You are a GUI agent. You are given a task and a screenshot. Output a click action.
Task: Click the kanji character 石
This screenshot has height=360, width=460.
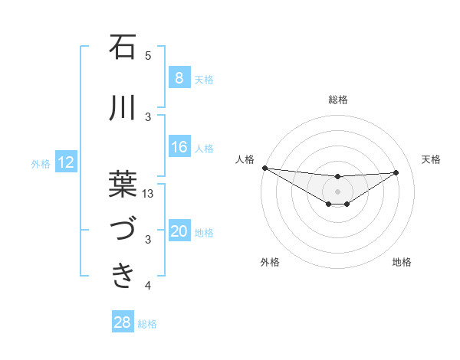123,48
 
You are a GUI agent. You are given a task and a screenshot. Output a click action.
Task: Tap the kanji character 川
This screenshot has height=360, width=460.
123,110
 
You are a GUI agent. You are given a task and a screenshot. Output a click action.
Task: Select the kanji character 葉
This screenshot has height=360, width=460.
123,183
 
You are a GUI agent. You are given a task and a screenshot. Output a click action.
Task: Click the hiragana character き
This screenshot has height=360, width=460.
123,275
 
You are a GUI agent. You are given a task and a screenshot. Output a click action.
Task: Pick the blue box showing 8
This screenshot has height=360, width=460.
179,77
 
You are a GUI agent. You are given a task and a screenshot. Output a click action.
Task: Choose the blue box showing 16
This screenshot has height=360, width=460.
179,147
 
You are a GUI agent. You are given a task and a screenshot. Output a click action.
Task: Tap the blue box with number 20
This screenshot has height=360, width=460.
179,232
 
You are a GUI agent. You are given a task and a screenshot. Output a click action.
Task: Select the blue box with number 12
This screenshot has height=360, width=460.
66,162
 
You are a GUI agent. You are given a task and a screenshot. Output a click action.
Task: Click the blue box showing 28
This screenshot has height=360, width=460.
123,322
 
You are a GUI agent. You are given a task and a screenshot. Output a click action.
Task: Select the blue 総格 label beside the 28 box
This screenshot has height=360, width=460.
147,324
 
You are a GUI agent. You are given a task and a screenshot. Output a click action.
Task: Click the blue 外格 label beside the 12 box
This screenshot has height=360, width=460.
40,163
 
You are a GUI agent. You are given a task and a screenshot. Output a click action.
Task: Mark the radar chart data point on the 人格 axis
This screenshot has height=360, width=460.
264,168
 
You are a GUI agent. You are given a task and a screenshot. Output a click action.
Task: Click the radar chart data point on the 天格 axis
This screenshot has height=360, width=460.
396,172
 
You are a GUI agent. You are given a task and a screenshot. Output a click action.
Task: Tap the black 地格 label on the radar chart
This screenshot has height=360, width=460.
402,262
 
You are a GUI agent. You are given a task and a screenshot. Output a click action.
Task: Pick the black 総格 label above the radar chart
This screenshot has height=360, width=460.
337,100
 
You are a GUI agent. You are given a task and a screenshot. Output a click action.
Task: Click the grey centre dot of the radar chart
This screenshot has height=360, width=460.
337,191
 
